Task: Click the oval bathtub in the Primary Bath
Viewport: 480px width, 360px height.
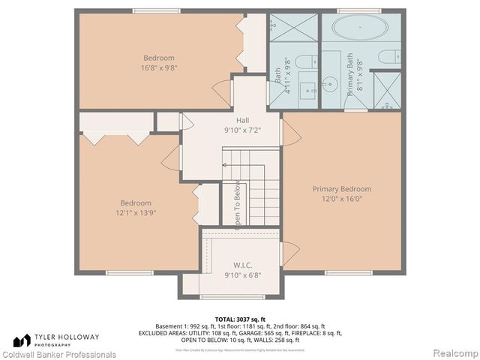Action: click(x=360, y=30)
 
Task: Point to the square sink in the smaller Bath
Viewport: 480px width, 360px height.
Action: click(x=307, y=91)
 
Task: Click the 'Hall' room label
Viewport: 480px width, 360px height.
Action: click(x=242, y=120)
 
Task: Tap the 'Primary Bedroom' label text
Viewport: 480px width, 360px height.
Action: click(x=342, y=189)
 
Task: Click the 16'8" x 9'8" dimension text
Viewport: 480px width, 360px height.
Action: click(x=159, y=67)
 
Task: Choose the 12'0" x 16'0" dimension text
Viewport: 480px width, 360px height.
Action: click(x=342, y=199)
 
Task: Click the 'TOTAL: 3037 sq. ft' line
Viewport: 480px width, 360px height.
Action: click(x=240, y=319)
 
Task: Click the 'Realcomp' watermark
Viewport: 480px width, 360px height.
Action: click(x=452, y=354)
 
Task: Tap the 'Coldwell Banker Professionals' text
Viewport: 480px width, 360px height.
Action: click(x=58, y=354)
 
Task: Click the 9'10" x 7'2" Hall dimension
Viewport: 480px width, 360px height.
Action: click(x=242, y=130)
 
